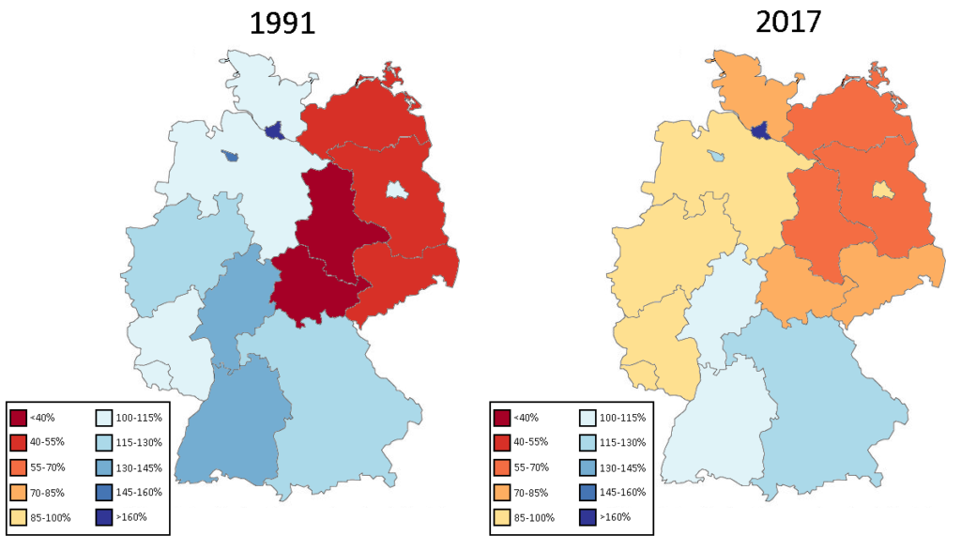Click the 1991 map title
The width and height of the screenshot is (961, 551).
pos(282,23)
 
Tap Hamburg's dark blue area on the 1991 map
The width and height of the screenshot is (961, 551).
pos(274,132)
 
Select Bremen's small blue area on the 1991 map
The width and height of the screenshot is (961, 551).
pos(229,157)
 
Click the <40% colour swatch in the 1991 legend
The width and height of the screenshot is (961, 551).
pos(19,417)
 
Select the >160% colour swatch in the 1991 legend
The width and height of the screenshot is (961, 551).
pos(107,516)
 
